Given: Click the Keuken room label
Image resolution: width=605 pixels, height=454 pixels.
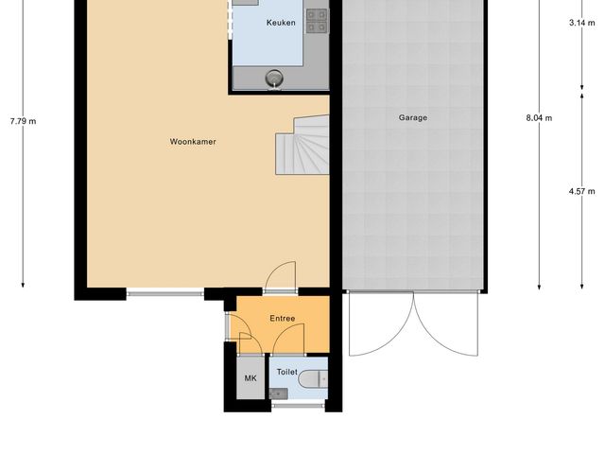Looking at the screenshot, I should [x=281, y=23].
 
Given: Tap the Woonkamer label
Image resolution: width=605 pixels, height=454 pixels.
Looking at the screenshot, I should [x=193, y=142].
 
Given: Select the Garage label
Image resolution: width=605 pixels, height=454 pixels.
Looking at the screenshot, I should [x=412, y=118].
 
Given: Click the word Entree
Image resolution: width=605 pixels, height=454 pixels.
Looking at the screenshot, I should [x=282, y=319].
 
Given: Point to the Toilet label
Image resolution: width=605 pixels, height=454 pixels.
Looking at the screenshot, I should [x=286, y=373].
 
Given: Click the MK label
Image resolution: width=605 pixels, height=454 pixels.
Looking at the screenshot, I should [x=251, y=378].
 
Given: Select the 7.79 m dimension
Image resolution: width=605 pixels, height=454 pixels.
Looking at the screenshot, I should [x=23, y=121].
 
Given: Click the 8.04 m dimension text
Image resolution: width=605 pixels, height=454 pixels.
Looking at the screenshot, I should [x=539, y=118].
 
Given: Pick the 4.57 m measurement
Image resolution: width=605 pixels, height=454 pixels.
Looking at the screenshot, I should [x=581, y=191].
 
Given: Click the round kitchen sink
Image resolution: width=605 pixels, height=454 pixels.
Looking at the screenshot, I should [x=274, y=78].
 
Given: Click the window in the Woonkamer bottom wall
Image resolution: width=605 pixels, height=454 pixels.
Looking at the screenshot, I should [x=166, y=293].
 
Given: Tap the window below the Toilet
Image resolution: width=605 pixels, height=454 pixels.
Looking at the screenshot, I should [x=297, y=406].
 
